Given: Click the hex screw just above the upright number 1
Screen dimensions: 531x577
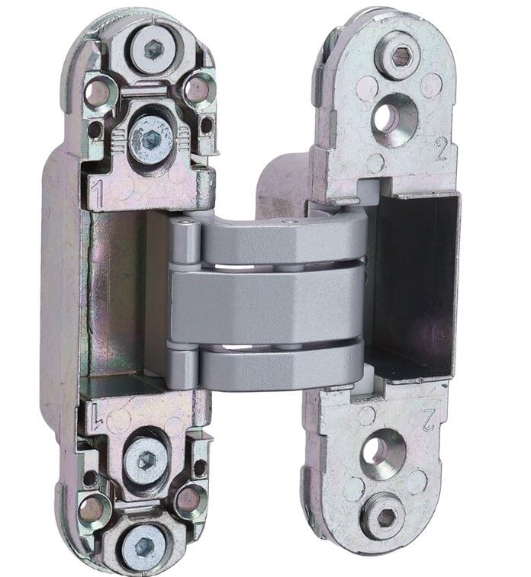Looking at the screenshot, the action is tap(151, 139).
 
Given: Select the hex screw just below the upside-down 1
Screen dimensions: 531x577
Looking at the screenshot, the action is tap(146, 460).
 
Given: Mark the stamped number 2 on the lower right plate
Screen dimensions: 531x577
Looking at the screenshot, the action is tap(428, 420).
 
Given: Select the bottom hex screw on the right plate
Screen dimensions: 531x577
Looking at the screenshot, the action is tap(385, 518).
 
